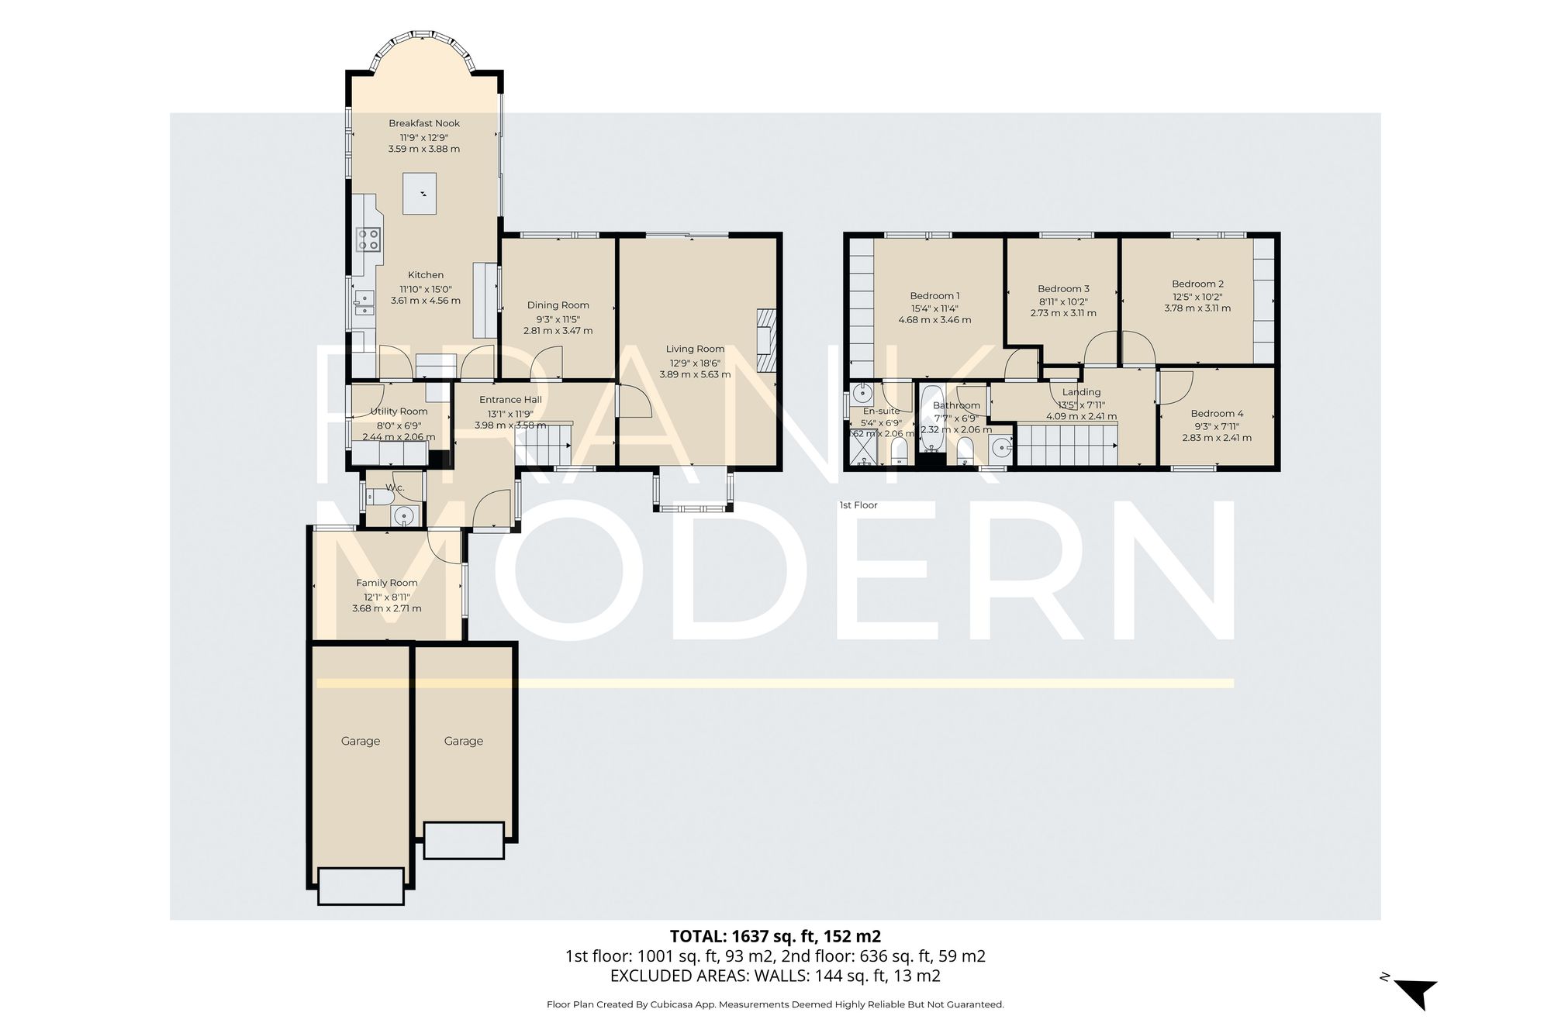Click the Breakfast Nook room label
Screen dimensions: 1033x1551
[424, 123]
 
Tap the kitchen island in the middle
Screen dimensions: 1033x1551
[420, 194]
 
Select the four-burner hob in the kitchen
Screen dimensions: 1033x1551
[368, 239]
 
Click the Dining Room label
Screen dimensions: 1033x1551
[558, 305]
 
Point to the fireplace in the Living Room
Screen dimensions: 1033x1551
[766, 340]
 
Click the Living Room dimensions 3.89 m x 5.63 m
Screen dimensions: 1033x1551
[695, 374]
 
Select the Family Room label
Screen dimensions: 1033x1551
[386, 583]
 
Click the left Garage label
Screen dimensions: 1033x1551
[361, 741]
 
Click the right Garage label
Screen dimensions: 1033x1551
[464, 741]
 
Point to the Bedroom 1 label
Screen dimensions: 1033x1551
[934, 295]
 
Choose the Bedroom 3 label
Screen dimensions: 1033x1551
[1063, 288]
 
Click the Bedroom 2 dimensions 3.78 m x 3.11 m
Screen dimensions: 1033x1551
[1197, 308]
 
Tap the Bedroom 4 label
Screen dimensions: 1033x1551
[1217, 413]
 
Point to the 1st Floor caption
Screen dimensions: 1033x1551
[858, 505]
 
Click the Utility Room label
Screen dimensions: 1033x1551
[399, 411]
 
